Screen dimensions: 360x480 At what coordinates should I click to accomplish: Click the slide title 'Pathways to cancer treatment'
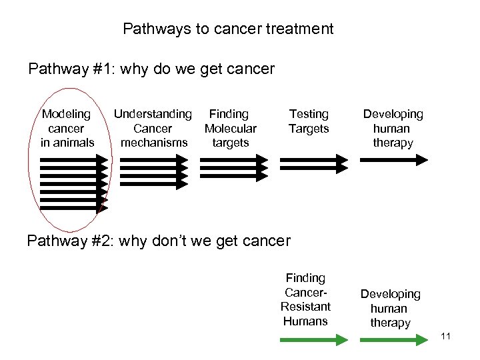pyautogui.click(x=228, y=29)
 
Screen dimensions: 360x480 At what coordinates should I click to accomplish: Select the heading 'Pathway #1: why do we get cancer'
pyautogui.click(x=151, y=69)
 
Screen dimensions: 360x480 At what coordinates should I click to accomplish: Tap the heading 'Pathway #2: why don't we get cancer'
pyautogui.click(x=159, y=240)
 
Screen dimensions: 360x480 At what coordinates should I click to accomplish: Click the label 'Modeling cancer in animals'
pyautogui.click(x=67, y=128)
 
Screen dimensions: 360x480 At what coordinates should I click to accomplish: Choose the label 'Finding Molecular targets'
pyautogui.click(x=230, y=128)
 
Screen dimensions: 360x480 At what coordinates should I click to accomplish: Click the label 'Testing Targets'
pyautogui.click(x=308, y=121)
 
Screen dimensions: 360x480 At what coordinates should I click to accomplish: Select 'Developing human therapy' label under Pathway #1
pyautogui.click(x=393, y=128)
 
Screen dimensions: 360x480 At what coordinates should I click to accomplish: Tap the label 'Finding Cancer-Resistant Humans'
pyautogui.click(x=305, y=299)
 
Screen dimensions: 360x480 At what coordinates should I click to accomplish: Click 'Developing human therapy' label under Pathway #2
pyautogui.click(x=390, y=308)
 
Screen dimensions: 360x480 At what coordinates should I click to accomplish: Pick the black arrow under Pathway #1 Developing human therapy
pyautogui.click(x=393, y=159)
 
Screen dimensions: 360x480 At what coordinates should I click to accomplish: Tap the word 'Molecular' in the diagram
pyautogui.click(x=231, y=128)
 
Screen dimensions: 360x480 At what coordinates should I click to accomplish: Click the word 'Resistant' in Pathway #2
pyautogui.click(x=305, y=307)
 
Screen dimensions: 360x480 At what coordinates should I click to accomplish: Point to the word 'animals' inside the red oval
pyautogui.click(x=67, y=142)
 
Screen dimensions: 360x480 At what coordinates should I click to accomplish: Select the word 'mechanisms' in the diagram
pyautogui.click(x=154, y=142)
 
